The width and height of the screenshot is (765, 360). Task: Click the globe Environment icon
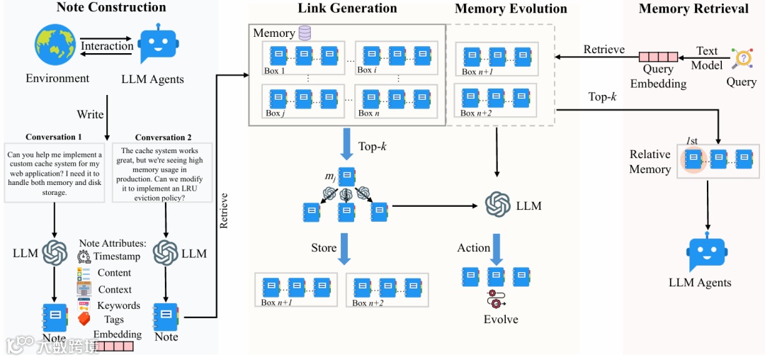(x=56, y=44)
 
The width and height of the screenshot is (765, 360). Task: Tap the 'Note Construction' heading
(x=110, y=8)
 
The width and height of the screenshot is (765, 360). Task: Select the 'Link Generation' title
(x=347, y=9)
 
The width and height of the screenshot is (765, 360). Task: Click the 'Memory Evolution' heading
(x=511, y=9)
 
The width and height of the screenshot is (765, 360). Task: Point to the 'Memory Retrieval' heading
(x=693, y=9)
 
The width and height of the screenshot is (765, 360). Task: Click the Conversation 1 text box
(x=55, y=172)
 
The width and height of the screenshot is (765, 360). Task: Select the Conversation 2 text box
(x=164, y=174)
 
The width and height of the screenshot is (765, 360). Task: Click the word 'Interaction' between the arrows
(x=107, y=46)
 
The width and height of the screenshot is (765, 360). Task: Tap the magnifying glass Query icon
(x=742, y=58)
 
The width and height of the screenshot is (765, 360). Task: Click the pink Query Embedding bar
(x=658, y=57)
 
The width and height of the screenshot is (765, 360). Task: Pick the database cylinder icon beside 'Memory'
(x=305, y=33)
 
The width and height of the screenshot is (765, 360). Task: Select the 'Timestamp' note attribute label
(x=117, y=257)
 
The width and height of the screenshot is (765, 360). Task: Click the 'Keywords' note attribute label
(x=118, y=305)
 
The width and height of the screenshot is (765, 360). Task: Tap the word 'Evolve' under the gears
(x=501, y=319)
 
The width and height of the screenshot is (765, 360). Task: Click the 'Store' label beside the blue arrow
(x=324, y=248)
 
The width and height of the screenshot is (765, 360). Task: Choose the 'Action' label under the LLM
(x=473, y=247)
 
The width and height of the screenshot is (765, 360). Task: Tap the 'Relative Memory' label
(x=650, y=162)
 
